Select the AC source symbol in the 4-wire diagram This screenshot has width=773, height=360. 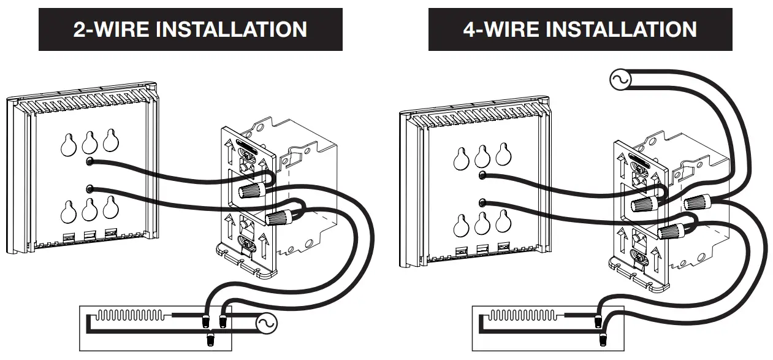tap(619, 80)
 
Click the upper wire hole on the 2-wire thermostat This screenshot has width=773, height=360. tap(90, 161)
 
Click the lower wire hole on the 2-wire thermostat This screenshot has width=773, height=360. tap(90, 188)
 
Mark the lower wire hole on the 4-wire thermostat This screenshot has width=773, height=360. tap(482, 202)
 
